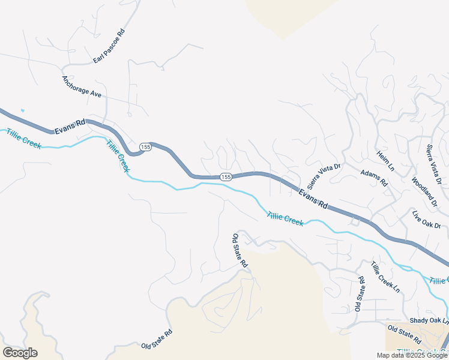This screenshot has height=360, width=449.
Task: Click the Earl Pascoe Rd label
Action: click(x=109, y=46)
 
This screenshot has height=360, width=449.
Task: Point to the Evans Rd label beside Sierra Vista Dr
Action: click(x=313, y=196)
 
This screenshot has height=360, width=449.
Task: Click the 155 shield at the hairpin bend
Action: click(x=145, y=147)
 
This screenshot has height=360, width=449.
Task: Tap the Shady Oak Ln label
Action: click(x=429, y=322)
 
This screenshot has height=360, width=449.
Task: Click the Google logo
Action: click(x=20, y=352)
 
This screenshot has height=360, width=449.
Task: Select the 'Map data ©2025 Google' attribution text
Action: click(x=412, y=355)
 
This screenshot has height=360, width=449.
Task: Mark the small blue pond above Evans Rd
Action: click(x=22, y=110)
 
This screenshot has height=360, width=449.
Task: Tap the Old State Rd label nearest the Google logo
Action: click(x=157, y=339)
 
